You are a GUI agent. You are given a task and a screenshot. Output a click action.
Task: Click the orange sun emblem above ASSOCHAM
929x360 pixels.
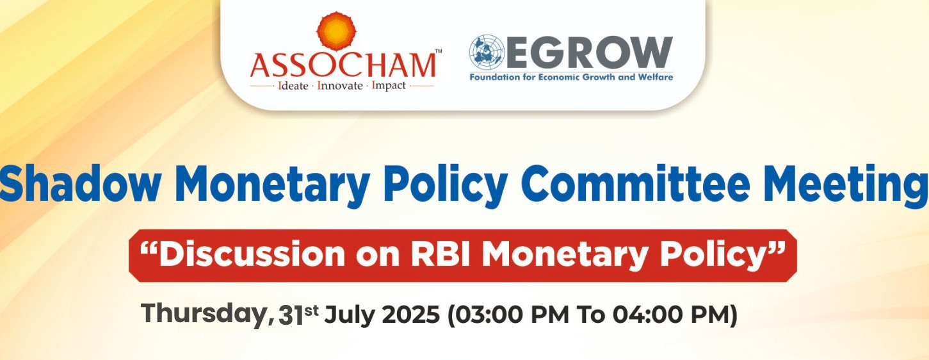336,31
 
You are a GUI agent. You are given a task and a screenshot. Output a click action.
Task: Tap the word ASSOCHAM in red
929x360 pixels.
343,65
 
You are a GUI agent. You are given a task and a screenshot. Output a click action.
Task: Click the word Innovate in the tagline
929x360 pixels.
340,86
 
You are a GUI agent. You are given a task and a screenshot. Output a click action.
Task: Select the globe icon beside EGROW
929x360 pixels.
487,52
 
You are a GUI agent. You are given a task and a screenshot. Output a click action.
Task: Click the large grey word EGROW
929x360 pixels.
589,53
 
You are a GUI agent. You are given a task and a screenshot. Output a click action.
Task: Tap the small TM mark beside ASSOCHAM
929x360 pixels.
439,51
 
